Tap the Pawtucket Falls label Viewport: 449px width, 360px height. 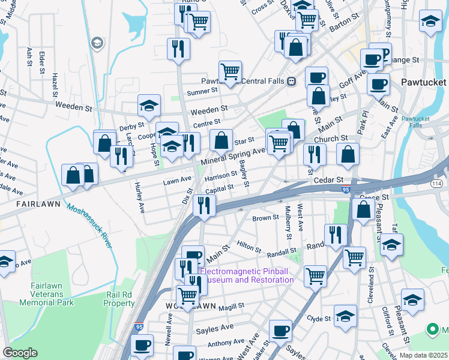pyautogui.click(x=412, y=122)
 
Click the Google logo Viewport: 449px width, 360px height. pyautogui.click(x=20, y=353)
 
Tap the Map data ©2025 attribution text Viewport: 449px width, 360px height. pyautogui.click(x=423, y=355)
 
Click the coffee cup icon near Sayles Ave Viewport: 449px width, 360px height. pyautogui.click(x=280, y=330)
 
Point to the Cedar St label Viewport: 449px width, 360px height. pyautogui.click(x=327, y=179)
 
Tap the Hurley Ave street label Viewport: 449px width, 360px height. pyautogui.click(x=140, y=198)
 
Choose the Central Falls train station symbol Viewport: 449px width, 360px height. pyautogui.click(x=291, y=81)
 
